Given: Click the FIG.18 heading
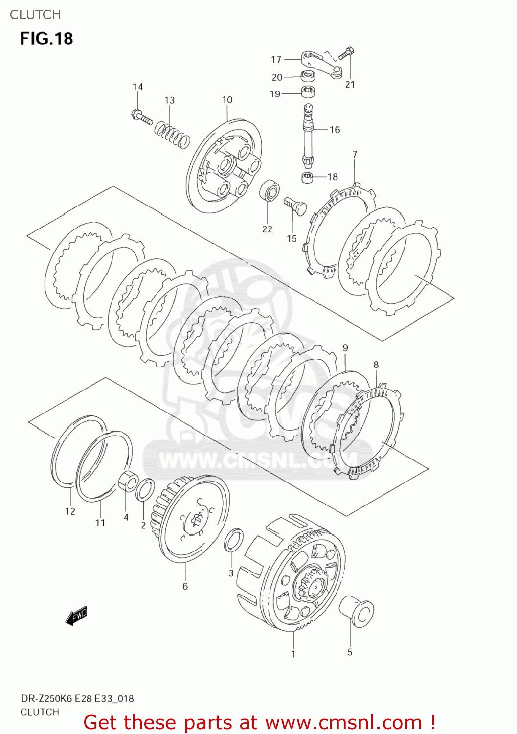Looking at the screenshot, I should (x=46, y=38).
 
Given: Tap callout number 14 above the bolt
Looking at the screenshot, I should (x=137, y=87).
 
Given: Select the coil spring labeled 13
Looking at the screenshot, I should (x=172, y=135).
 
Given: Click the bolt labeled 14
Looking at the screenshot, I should (x=141, y=117).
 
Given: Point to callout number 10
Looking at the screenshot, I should (x=227, y=100).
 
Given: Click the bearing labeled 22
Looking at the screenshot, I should (x=270, y=191).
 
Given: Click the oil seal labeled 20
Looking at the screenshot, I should (x=307, y=76).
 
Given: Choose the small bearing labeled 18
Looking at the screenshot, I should (x=307, y=177).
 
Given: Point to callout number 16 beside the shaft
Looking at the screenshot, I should (x=335, y=130).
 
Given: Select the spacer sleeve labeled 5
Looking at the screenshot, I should (x=357, y=611).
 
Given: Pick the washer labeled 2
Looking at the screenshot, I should (x=145, y=490).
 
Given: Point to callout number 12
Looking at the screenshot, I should (x=70, y=511).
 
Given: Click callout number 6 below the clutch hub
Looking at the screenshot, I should (x=185, y=586).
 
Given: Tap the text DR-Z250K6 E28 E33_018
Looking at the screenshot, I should (x=77, y=698).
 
